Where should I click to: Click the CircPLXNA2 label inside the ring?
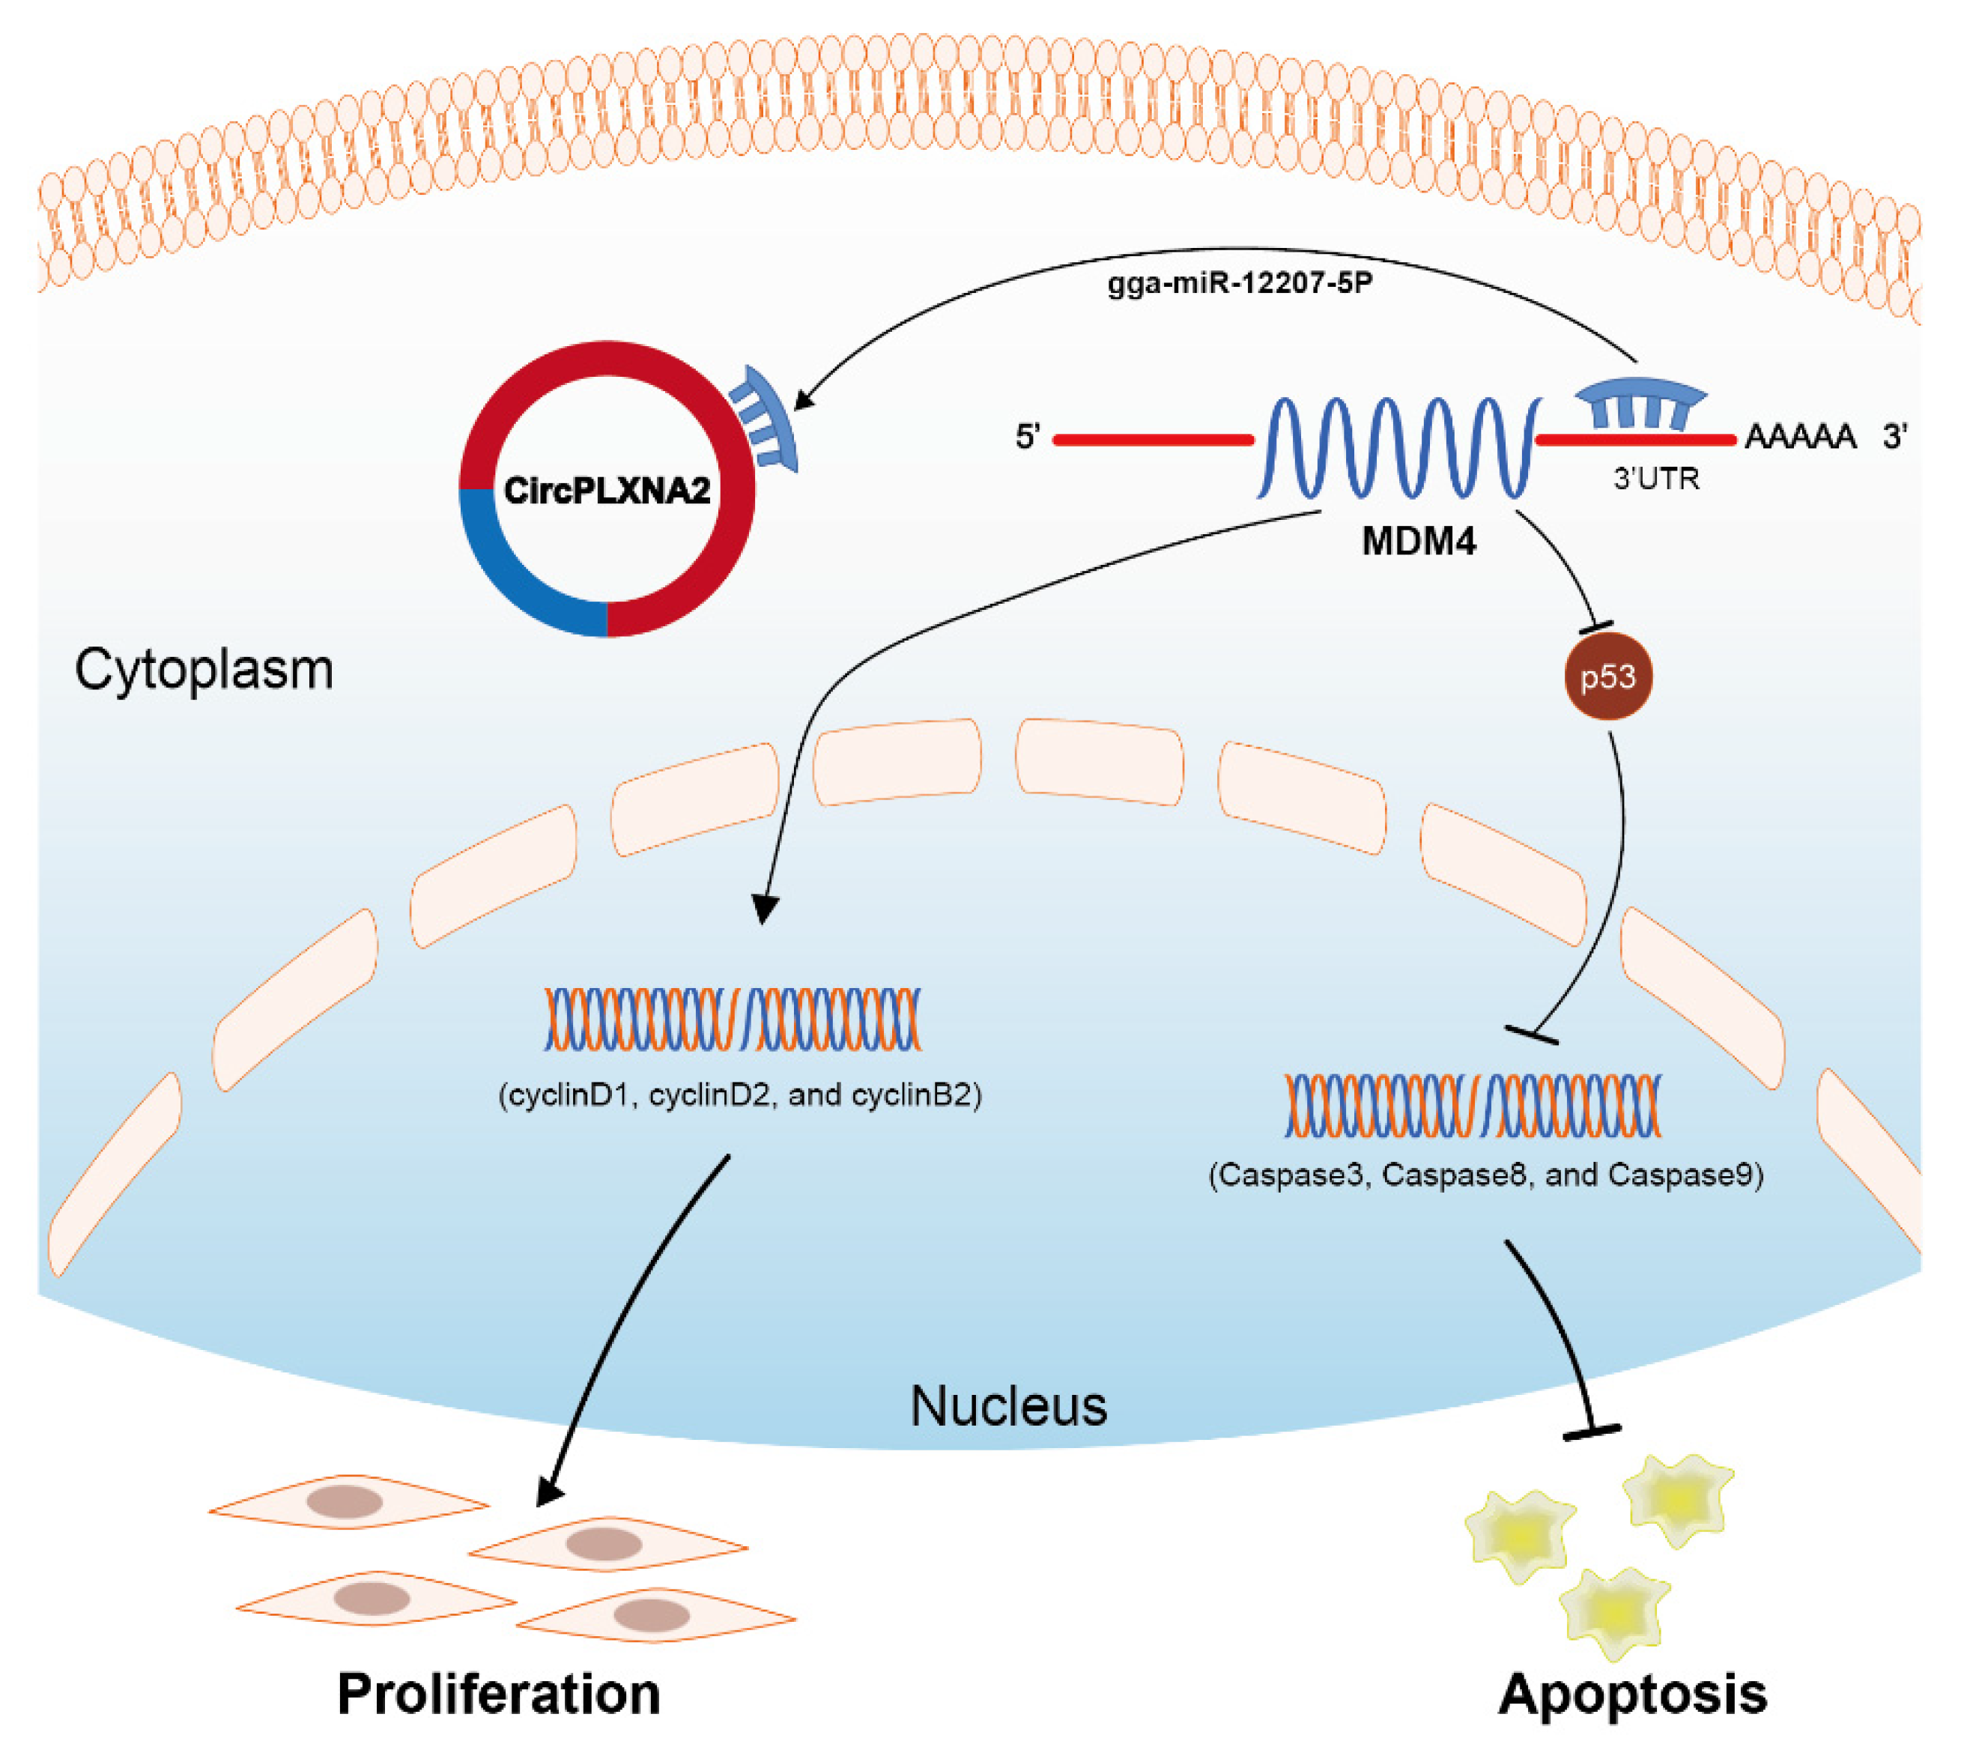(x=607, y=491)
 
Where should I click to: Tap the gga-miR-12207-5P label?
(x=1240, y=284)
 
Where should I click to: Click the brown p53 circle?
(x=1608, y=676)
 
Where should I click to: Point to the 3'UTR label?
(x=1655, y=479)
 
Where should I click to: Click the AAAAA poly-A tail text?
(x=1800, y=438)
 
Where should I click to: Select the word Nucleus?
(x=1008, y=1407)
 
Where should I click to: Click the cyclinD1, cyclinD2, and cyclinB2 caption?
(x=740, y=1096)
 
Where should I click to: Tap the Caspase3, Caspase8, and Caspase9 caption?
(x=1486, y=1175)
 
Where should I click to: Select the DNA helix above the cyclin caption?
(x=733, y=1020)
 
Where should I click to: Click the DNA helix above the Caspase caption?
(x=1473, y=1105)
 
